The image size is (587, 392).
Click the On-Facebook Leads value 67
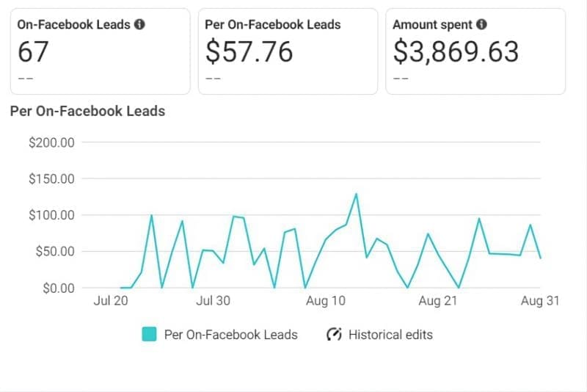click(34, 52)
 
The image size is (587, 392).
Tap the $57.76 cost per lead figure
click(249, 52)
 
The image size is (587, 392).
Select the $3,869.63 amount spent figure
click(456, 52)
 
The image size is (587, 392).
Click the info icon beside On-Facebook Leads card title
click(139, 24)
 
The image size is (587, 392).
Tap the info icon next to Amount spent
click(481, 24)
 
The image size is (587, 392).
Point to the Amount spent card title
click(433, 24)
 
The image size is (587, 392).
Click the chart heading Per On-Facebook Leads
click(87, 112)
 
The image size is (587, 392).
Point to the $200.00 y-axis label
click(51, 142)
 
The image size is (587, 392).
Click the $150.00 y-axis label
click(51, 178)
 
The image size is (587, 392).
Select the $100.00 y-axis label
click(51, 215)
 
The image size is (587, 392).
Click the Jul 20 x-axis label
click(112, 301)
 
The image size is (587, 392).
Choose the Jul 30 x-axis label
click(214, 301)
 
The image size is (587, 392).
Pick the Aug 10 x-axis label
click(325, 301)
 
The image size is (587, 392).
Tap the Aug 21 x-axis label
click(438, 301)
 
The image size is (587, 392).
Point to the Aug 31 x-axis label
click(540, 301)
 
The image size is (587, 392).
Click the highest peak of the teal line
click(356, 194)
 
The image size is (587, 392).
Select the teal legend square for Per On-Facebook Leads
click(149, 335)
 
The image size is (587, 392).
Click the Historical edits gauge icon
click(334, 335)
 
